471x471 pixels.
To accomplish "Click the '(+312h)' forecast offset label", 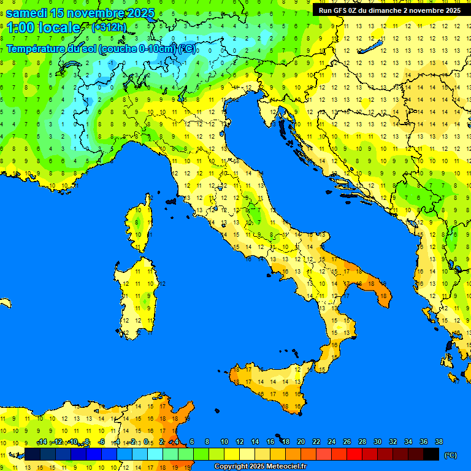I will [109, 28].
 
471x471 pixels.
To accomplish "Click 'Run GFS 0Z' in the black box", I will [338, 10].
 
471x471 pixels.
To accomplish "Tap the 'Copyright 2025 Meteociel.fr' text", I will [260, 467].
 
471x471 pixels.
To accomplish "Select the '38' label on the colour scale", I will [439, 442].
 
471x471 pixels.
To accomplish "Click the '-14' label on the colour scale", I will [42, 442].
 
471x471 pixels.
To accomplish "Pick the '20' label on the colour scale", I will [301, 442].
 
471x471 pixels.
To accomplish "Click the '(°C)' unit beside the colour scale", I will [451, 455].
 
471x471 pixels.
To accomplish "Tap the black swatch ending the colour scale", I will [431, 454].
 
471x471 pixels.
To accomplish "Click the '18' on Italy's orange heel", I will [383, 296].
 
